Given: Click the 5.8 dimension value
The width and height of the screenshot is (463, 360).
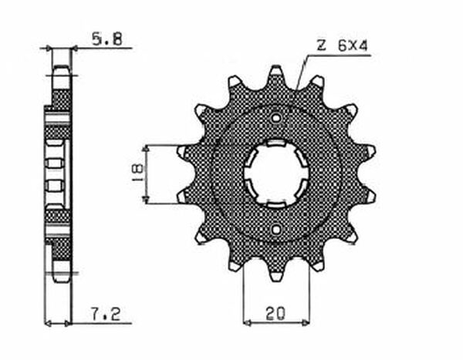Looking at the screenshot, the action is [x=107, y=39].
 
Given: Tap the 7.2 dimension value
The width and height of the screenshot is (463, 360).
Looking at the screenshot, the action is [x=106, y=314].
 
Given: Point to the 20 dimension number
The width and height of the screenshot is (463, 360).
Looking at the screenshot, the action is [x=275, y=314].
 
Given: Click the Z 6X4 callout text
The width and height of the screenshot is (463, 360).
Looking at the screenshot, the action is [x=342, y=46].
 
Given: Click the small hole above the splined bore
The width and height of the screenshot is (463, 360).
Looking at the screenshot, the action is [x=276, y=118].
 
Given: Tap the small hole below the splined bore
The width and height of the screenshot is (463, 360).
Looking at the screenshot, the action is [x=276, y=229].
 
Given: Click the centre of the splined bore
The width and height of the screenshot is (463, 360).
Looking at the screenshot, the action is [x=276, y=173].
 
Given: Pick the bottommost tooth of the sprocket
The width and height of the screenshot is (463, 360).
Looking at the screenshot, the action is [x=276, y=273].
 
